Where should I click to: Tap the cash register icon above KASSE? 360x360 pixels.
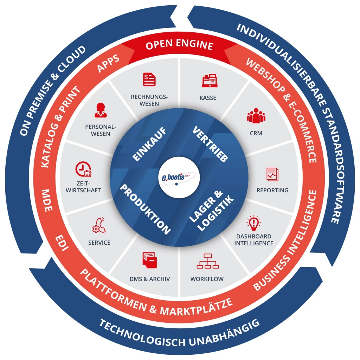pos(209,81)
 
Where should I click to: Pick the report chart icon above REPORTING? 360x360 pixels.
pos(272,173)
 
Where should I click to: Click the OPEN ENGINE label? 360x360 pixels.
pos(179,45)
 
